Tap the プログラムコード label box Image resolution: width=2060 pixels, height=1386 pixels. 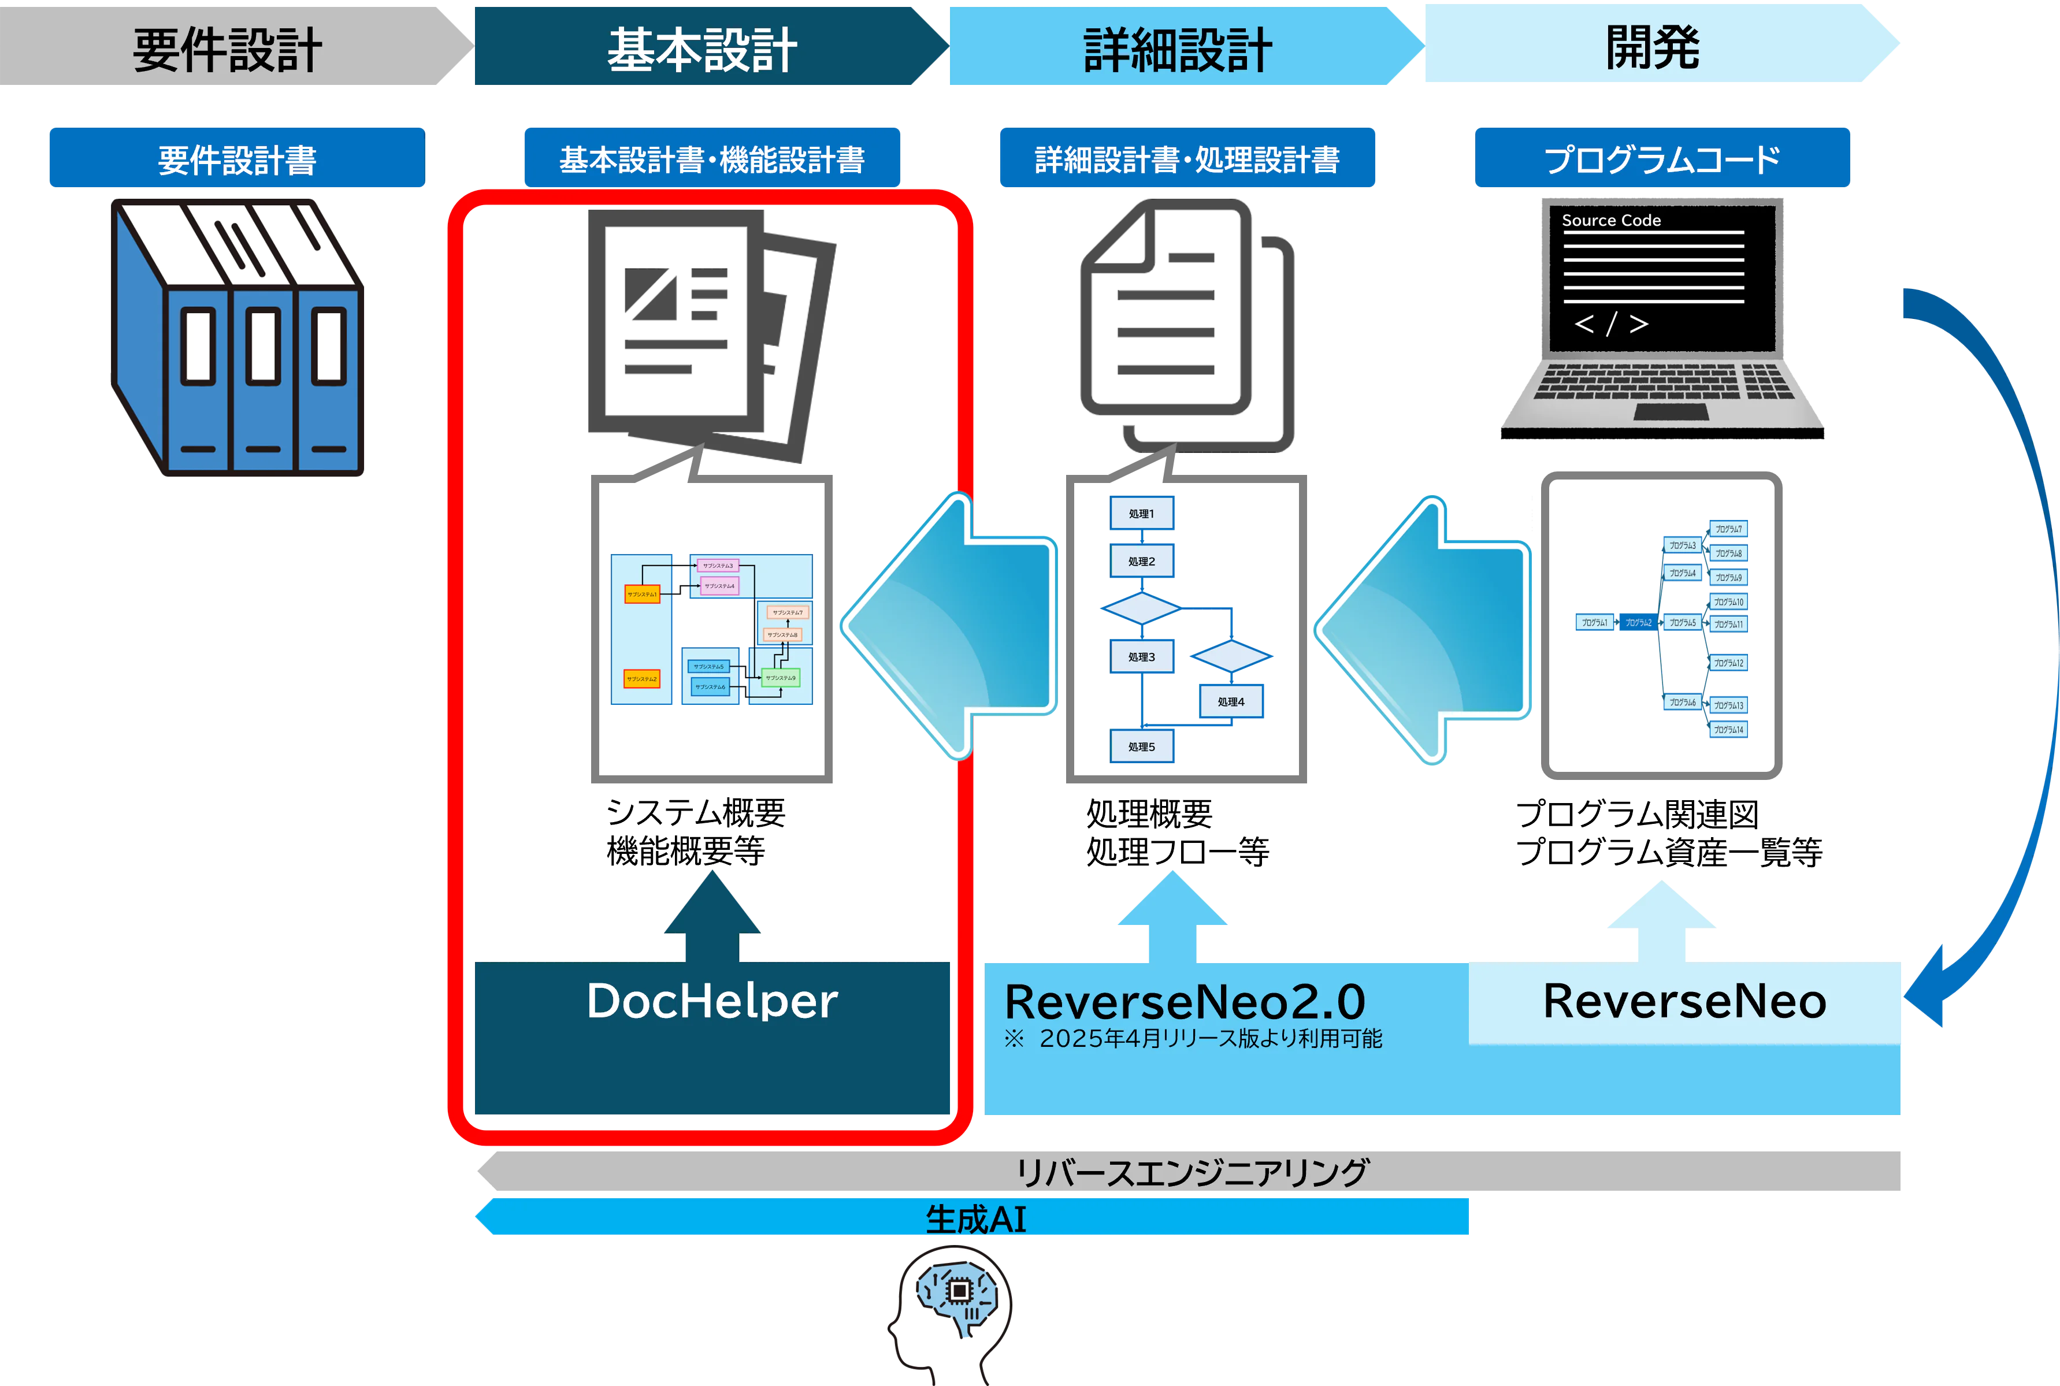tap(1662, 159)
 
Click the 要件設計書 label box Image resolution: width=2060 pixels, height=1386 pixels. tap(237, 159)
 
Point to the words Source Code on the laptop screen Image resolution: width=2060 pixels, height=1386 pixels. tap(1611, 220)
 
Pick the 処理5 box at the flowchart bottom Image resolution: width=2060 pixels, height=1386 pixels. tap(1141, 747)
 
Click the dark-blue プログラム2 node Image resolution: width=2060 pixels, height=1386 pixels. tap(1638, 622)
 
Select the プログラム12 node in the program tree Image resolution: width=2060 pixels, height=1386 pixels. tap(1728, 663)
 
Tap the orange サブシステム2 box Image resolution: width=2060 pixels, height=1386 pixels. tap(642, 679)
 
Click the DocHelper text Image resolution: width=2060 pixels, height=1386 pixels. tap(712, 1001)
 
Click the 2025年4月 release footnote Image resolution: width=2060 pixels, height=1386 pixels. tap(1194, 1039)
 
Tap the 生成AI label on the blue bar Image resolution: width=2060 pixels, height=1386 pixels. tap(975, 1220)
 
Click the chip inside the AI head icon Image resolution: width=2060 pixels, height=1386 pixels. tap(959, 1291)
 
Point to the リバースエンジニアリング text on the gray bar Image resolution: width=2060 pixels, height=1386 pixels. tap(1192, 1173)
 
